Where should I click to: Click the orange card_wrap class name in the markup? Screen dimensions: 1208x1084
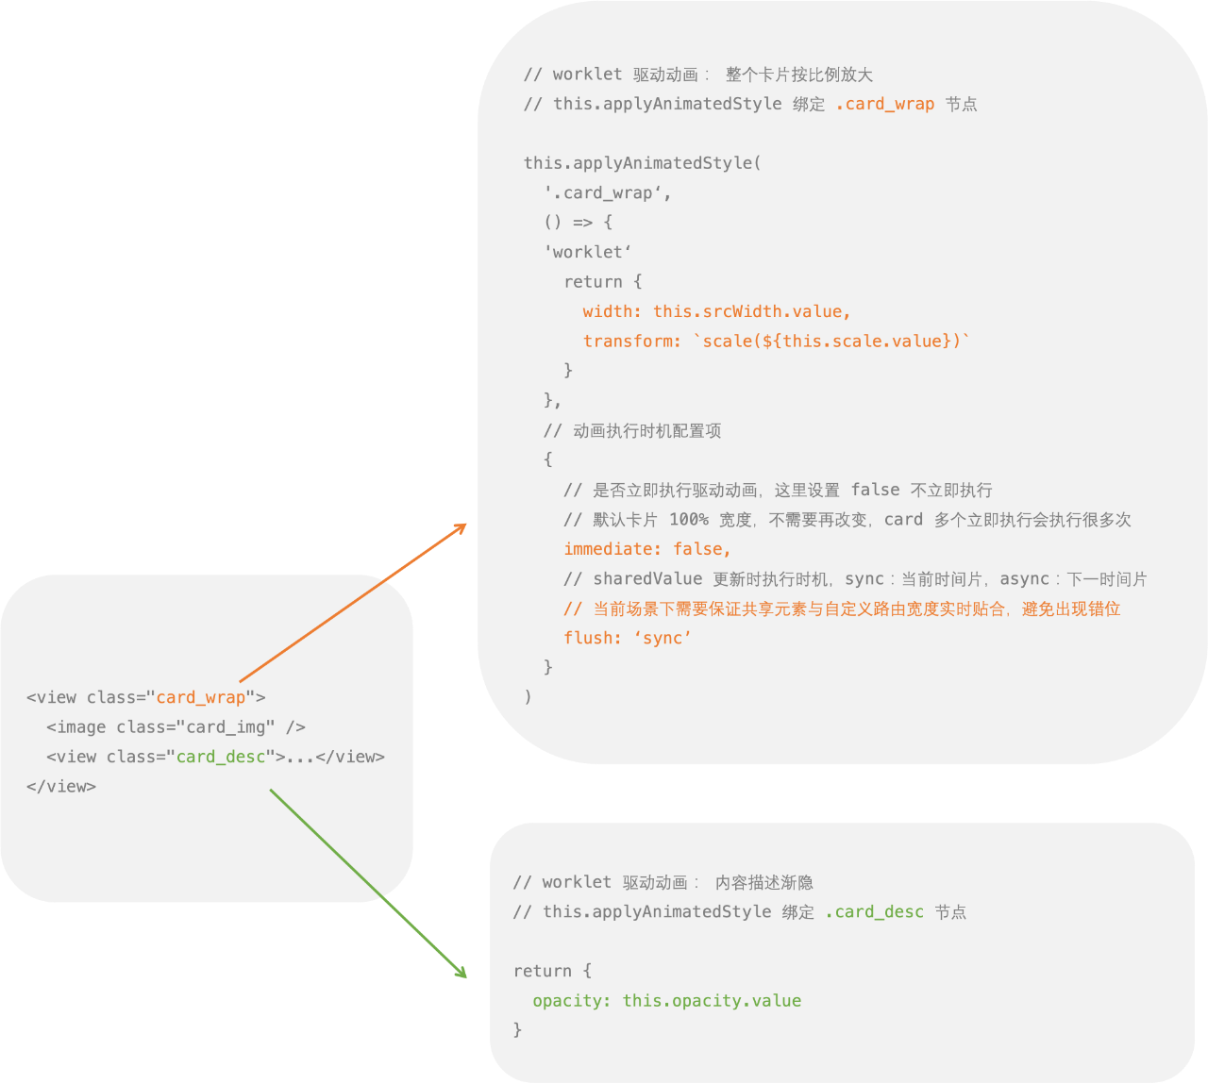201,697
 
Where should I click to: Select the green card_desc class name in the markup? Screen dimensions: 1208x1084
221,757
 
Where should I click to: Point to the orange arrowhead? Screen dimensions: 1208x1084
461,527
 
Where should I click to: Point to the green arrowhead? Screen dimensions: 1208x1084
461,972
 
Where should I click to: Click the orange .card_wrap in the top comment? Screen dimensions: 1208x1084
884,104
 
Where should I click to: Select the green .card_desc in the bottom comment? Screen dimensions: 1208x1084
874,912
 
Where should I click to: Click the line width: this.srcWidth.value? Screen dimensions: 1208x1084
716,311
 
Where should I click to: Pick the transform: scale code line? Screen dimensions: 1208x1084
776,342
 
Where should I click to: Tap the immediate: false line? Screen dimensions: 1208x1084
646,549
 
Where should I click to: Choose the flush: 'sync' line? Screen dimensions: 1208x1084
628,639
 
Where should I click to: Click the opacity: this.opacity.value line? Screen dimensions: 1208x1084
666,1001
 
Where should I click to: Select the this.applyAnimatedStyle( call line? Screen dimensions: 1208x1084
642,163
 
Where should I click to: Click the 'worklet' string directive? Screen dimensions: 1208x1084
587,252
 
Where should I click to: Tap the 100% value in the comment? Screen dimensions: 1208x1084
688,520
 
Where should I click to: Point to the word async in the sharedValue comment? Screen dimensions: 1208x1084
1024,579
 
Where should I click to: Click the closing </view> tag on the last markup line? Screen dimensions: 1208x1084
61,787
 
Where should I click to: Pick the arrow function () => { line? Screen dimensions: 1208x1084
578,223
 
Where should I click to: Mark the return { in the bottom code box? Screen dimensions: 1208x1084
552,972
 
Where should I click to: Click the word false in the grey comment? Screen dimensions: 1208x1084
875,490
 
